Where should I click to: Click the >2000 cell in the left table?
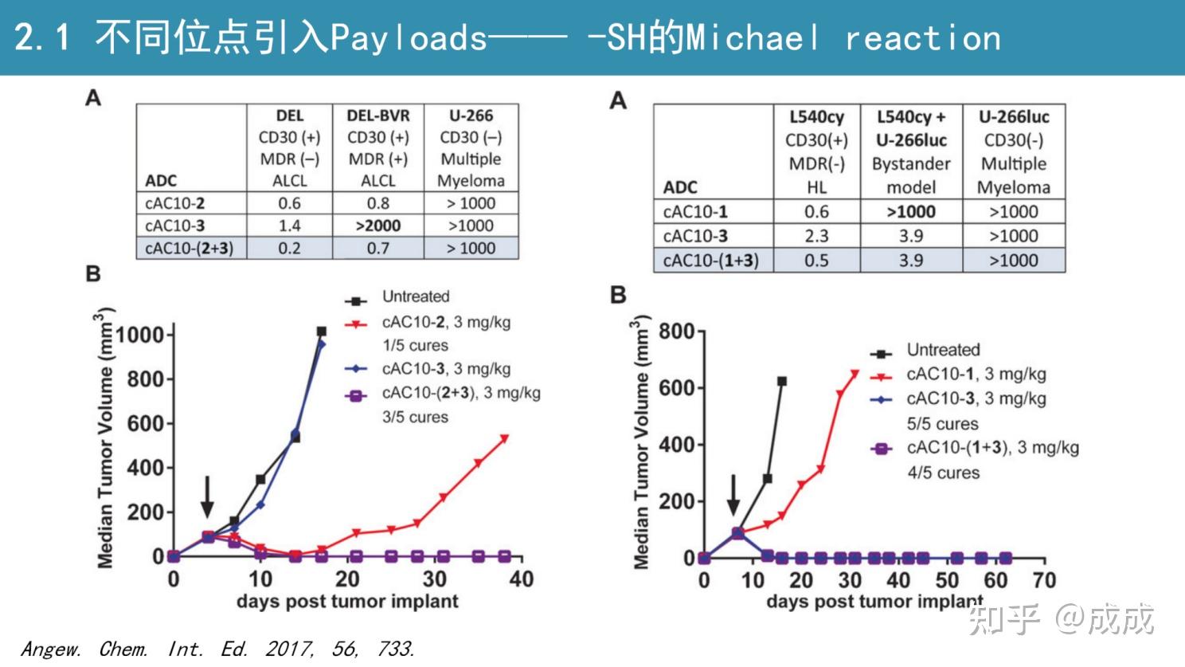(378, 226)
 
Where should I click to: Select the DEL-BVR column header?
(378, 116)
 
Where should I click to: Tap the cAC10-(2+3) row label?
(189, 248)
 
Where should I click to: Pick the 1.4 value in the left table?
(289, 226)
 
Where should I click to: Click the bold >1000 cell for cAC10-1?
(911, 211)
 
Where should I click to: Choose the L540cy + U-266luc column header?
(911, 128)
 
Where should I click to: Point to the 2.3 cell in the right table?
(816, 236)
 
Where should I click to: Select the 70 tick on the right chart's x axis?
(1043, 580)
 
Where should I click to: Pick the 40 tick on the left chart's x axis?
(521, 579)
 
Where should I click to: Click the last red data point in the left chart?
(504, 438)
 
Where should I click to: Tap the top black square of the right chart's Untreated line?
(782, 382)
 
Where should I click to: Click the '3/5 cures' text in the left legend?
(415, 417)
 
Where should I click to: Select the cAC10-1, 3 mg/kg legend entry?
(976, 374)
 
